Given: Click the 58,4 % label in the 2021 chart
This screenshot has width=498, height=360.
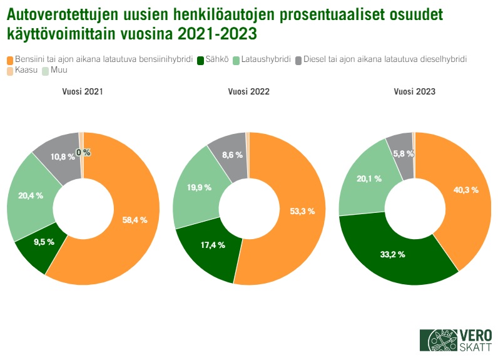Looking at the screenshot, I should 134,220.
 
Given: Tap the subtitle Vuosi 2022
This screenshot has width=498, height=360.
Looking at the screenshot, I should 248,91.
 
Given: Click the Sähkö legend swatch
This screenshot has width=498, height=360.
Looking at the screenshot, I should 200,60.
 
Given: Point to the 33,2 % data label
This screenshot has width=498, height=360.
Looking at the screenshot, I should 392,254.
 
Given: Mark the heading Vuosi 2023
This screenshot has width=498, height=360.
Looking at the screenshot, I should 414,91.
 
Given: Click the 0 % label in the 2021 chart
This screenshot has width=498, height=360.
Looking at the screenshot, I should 83,152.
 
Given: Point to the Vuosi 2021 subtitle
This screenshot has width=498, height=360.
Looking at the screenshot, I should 83,91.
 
